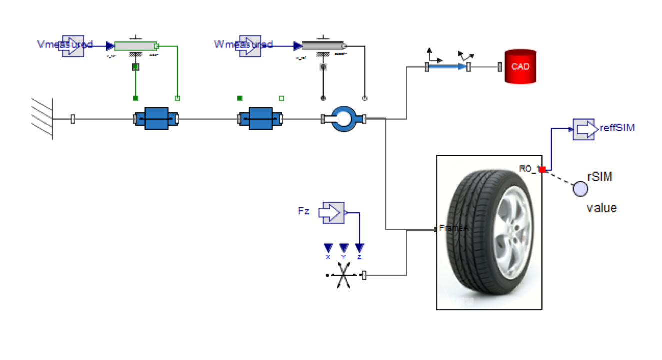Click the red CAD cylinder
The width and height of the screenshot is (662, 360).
point(520,66)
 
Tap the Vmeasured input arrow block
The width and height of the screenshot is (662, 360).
point(73,46)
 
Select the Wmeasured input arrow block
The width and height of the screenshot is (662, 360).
point(250,46)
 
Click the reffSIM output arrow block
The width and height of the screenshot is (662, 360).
point(583,129)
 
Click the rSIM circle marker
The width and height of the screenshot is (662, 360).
point(580,189)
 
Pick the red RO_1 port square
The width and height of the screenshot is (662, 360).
point(542,170)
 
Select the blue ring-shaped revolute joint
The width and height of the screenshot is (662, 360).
point(344,119)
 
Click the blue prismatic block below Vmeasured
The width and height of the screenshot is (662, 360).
point(156,119)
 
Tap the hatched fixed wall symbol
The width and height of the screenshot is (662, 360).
point(42,119)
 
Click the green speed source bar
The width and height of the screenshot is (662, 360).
point(135,46)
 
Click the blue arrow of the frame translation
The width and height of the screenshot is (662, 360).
point(448,67)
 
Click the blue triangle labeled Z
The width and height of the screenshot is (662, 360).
point(360,248)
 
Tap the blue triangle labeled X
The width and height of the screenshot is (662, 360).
point(328,248)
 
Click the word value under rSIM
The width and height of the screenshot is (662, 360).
point(601,208)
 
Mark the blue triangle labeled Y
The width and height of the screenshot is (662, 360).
point(344,248)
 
